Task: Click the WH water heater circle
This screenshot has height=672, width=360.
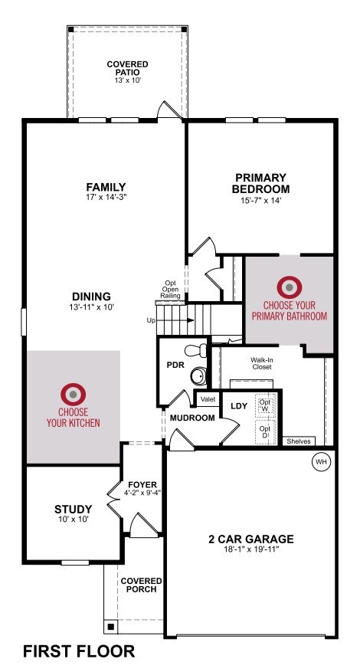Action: (x=321, y=462)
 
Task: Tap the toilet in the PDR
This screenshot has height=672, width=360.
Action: (x=195, y=350)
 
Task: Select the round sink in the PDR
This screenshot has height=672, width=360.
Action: (x=198, y=376)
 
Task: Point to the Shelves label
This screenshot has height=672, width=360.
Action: (x=299, y=441)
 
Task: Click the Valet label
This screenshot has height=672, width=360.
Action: (x=208, y=399)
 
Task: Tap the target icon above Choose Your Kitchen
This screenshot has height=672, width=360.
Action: (x=74, y=395)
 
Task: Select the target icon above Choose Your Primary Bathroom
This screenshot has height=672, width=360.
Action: (x=290, y=287)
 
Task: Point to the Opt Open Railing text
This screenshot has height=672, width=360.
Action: (x=171, y=290)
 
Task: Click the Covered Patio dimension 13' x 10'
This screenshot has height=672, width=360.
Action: (x=128, y=80)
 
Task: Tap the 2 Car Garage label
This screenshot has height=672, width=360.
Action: (x=251, y=539)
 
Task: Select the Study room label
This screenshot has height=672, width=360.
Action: (x=73, y=510)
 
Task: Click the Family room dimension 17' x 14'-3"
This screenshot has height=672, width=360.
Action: (x=106, y=198)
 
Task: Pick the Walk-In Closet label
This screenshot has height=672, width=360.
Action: (x=261, y=364)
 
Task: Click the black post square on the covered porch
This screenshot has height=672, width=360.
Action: (x=111, y=627)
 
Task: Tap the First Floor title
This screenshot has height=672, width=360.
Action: (x=79, y=651)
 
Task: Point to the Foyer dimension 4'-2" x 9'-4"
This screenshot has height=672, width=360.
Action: (x=139, y=493)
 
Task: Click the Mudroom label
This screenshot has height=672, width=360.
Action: (x=192, y=418)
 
